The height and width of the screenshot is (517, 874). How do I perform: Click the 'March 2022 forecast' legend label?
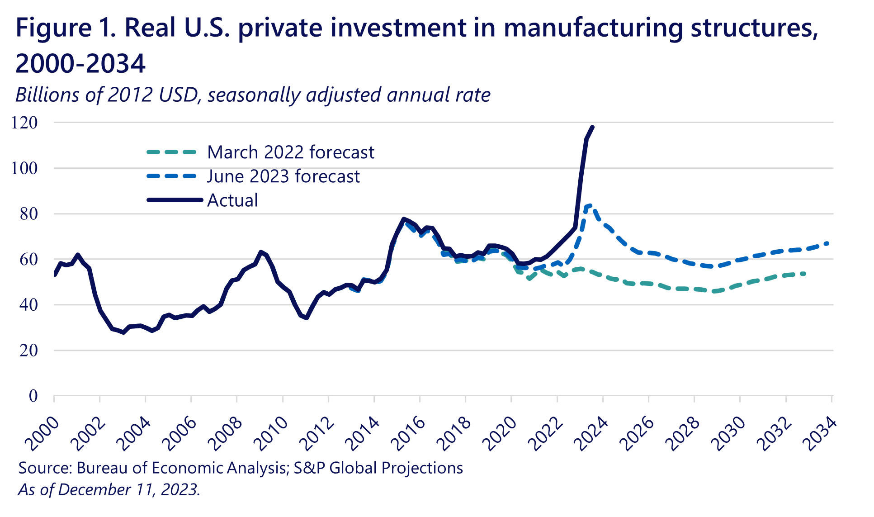tap(290, 152)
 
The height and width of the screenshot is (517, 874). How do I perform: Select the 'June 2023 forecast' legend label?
tap(283, 176)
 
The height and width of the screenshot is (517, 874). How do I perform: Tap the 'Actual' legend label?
tap(232, 200)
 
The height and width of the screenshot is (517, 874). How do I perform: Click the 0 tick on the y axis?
tap(33, 396)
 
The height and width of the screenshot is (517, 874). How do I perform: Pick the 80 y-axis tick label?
tap(28, 214)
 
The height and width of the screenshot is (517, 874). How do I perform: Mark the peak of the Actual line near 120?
tap(592, 127)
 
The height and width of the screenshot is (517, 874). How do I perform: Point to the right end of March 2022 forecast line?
tap(805, 273)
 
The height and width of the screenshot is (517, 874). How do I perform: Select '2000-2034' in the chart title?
tap(80, 63)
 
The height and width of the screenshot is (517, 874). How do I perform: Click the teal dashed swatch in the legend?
tap(172, 152)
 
